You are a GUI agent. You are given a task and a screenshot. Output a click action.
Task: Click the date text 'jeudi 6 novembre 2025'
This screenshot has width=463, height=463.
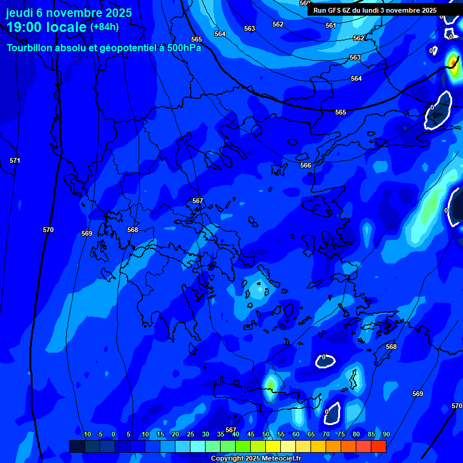(x=69, y=13)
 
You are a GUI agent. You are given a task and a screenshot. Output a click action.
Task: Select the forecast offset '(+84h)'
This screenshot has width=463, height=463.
(x=104, y=27)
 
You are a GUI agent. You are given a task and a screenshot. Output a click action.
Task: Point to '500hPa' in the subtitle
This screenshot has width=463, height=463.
(x=183, y=48)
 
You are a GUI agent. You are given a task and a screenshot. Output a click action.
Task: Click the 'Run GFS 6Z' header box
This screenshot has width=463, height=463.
(x=376, y=10)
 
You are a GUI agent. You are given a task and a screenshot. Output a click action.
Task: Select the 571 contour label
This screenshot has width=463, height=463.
(x=15, y=160)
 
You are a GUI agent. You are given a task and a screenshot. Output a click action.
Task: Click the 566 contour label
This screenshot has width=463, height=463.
(x=306, y=165)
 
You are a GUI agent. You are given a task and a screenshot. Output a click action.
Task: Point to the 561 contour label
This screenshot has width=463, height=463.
(x=331, y=25)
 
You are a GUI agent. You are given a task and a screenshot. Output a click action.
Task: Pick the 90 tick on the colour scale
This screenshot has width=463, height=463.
(x=386, y=434)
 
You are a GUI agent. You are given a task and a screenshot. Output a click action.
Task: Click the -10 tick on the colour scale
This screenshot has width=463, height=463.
(x=86, y=434)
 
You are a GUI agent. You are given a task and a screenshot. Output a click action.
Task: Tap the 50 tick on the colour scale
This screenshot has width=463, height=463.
(x=266, y=434)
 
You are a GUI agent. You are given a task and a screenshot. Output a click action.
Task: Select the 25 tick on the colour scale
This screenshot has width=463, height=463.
(x=190, y=434)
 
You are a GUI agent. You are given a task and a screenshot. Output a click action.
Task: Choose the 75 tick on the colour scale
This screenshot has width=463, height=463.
(x=341, y=434)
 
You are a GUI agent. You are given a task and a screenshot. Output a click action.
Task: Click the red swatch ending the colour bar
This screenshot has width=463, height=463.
(x=379, y=446)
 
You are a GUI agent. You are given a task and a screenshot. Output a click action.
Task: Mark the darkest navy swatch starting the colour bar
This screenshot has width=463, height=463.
(x=77, y=446)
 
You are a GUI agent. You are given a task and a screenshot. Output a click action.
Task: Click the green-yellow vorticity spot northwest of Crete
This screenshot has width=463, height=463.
(x=270, y=382)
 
